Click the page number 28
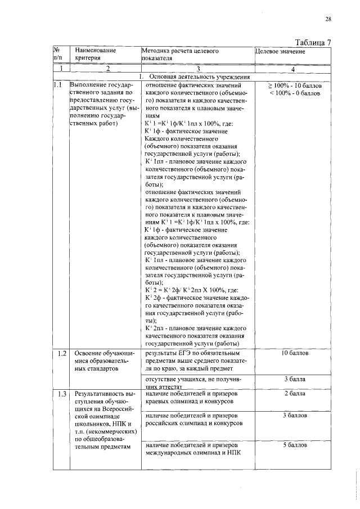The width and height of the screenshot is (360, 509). [x=328, y=19]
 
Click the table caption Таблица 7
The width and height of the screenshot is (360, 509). [x=313, y=43]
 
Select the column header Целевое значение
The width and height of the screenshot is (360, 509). [x=281, y=51]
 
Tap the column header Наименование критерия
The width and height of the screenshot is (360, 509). [x=95, y=54]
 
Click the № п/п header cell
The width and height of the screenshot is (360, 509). [x=58, y=54]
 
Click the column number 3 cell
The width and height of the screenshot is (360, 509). [x=198, y=69]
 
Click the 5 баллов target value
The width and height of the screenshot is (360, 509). [x=295, y=445]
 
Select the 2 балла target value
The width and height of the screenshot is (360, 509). [x=295, y=393]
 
